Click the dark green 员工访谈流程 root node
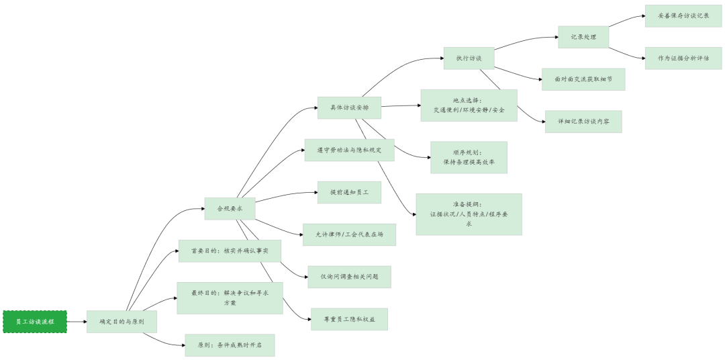coord(35,322)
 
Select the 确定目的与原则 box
coord(122,322)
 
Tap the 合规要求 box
coord(230,208)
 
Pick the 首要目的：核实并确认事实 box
coord(230,251)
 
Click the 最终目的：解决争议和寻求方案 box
coord(230,298)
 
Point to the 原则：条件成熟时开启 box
coord(230,345)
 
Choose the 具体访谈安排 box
coord(349,108)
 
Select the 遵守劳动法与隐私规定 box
coord(349,150)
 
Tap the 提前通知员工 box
coord(349,192)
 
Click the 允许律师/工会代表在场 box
coord(349,234)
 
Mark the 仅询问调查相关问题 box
coord(349,277)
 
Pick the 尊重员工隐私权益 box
coord(349,319)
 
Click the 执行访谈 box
coord(469,58)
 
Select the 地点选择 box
coord(469,105)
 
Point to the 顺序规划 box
coord(469,157)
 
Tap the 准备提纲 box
coord(469,214)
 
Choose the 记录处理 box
coord(583,37)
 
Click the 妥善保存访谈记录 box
coord(683,15)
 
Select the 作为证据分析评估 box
coord(683,58)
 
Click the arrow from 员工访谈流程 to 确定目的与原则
coord(77,322)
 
